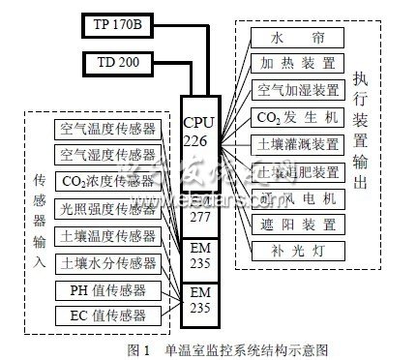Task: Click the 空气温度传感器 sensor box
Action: [106, 129]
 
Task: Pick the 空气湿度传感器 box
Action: [106, 155]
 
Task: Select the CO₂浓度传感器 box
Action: [106, 182]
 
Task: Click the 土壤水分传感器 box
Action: [106, 262]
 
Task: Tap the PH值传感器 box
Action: [106, 289]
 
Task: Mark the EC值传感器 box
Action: [106, 315]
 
